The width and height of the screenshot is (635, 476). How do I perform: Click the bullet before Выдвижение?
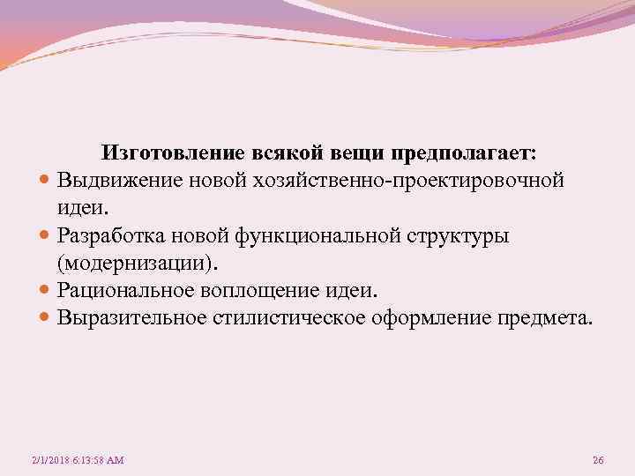pyautogui.click(x=45, y=182)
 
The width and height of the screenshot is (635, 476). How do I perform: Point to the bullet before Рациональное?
pyautogui.click(x=45, y=291)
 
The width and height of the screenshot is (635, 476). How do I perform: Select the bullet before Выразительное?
pyautogui.click(x=45, y=318)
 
